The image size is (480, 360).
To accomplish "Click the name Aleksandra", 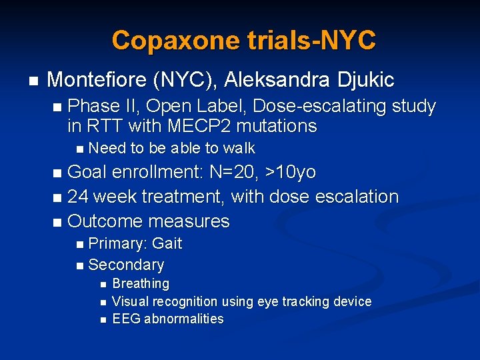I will tap(276, 80).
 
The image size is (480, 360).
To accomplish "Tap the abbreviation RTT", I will tap(105, 125).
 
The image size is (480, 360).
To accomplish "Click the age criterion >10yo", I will tap(291, 172).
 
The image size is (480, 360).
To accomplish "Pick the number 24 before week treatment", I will tap(78, 197).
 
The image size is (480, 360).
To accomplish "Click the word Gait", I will tap(167, 243).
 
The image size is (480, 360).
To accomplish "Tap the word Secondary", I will tap(126, 265).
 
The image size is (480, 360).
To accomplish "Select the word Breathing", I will tap(141, 284).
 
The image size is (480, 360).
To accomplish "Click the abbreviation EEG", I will tap(125, 319).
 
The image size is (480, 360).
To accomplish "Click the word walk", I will tap(239, 148).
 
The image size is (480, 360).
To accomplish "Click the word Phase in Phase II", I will tap(91, 106).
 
